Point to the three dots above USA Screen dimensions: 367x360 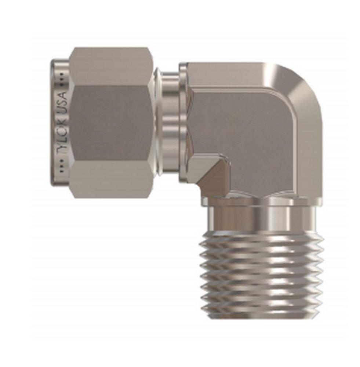(62, 77)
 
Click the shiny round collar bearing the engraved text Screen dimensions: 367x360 (59, 123)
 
